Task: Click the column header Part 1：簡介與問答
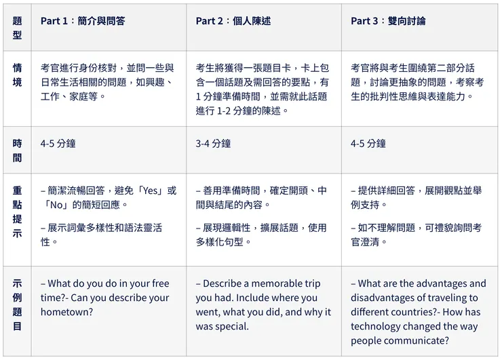[83, 21]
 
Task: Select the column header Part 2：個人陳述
[233, 21]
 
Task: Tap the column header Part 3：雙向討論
[388, 21]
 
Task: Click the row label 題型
[18, 28]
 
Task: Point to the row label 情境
[18, 75]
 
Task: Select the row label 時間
[18, 151]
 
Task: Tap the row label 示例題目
[18, 304]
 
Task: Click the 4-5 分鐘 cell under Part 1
[58, 144]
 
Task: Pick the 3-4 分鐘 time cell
[213, 144]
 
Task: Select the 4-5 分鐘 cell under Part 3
[368, 144]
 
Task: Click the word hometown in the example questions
[64, 313]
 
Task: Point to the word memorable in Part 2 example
[277, 283]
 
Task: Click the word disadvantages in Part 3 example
[381, 298]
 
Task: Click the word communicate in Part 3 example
[416, 341]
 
